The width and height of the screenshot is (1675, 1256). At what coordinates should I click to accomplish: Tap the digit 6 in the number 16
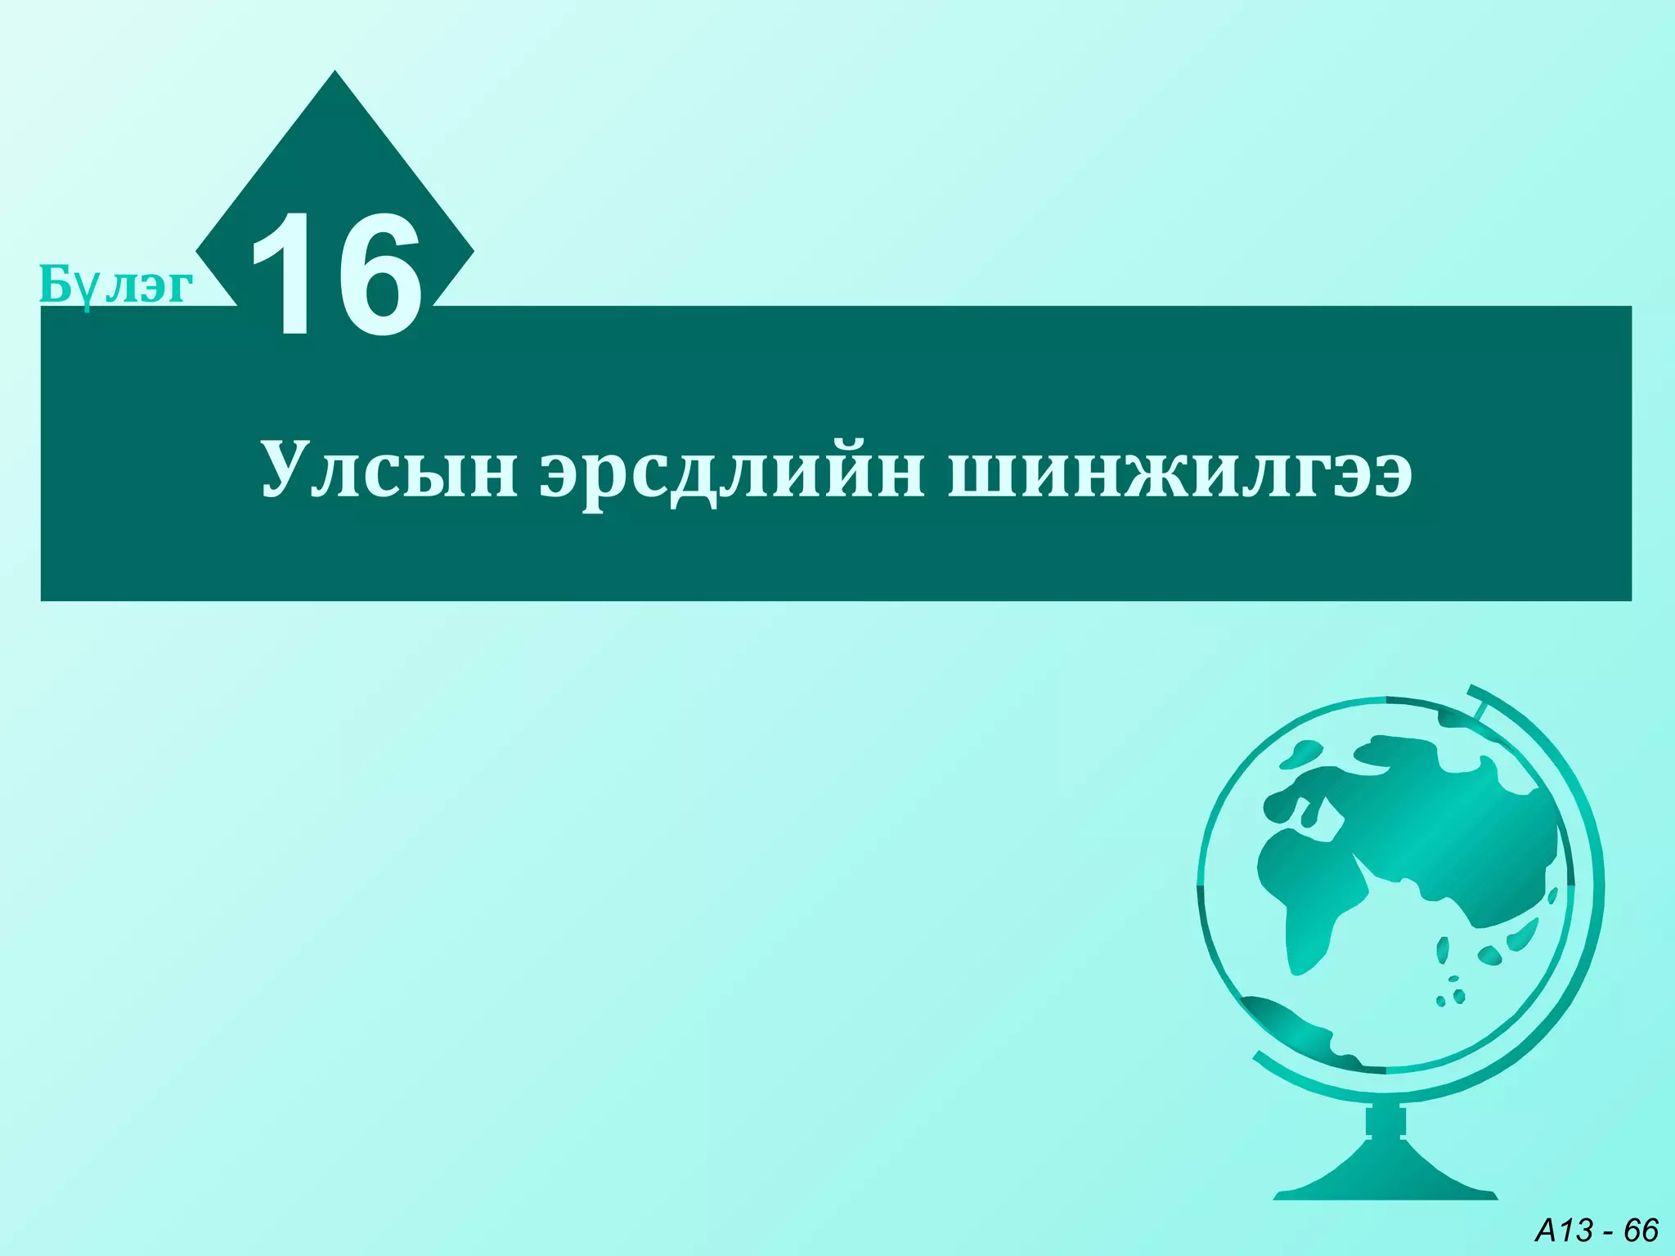point(380,276)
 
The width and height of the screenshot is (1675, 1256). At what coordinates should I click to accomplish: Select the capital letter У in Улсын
point(289,469)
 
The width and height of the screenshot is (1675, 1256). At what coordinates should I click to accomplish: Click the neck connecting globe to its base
point(1385,1122)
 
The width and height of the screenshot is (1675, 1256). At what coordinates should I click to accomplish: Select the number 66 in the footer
point(1640,1230)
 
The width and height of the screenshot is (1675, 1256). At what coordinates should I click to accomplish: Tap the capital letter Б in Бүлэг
point(55,284)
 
